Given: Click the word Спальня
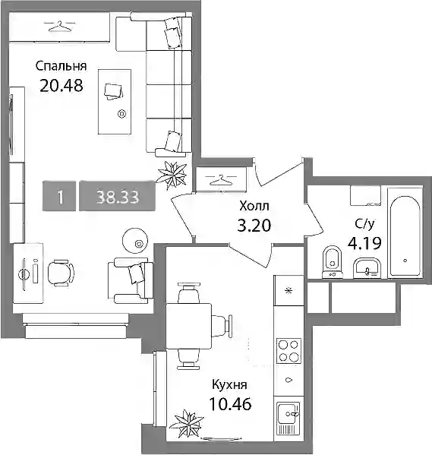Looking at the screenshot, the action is tap(61, 66).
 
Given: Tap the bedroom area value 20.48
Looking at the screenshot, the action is tap(61, 86).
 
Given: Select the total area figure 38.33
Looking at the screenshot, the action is tap(118, 197).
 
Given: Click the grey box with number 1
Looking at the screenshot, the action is tap(59, 196).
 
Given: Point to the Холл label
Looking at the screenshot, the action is tap(254, 207).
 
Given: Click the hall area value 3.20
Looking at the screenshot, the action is tap(254, 226).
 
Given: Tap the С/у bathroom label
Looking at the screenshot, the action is tap(364, 224).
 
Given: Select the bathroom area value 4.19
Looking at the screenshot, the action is tap(364, 244).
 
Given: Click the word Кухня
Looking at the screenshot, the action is tap(229, 385).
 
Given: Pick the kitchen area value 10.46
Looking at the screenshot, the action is tap(230, 404).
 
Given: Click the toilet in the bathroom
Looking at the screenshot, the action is tap(333, 262).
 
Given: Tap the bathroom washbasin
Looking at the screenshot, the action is tap(367, 268).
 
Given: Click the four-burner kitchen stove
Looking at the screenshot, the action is tap(289, 351).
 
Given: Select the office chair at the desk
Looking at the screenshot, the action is tap(60, 272).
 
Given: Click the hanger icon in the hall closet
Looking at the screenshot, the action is tap(222, 180).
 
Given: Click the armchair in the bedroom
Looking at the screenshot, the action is tap(131, 280).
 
